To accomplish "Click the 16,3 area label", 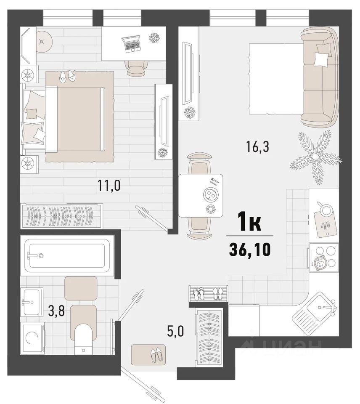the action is (x=257, y=147).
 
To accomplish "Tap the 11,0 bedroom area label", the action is (x=109, y=185).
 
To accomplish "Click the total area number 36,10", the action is (x=250, y=250).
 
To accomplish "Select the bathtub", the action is (x=67, y=255).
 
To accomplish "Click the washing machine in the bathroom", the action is (x=32, y=338).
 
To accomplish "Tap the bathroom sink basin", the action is (x=32, y=301).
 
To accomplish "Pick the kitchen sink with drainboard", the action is (x=315, y=309).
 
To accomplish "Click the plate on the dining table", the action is (x=210, y=195).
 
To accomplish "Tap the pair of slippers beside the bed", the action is (x=67, y=76).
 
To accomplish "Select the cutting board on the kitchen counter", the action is (x=325, y=223).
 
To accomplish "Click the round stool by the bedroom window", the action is (x=44, y=42).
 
